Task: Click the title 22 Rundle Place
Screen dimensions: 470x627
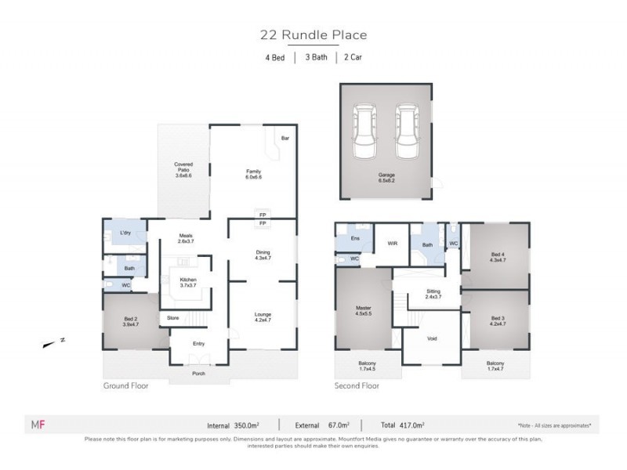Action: (x=313, y=34)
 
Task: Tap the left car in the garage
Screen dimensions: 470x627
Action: (x=366, y=131)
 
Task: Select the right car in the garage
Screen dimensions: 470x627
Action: (x=406, y=131)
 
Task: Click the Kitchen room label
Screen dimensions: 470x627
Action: (x=188, y=283)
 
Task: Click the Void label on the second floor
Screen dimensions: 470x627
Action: (x=431, y=339)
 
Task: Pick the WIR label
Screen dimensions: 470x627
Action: (x=393, y=244)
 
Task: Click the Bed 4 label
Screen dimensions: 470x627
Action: (x=496, y=256)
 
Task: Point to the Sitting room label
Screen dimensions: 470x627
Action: (x=433, y=293)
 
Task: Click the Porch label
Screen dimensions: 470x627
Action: (x=200, y=373)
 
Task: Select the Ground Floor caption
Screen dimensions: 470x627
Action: (x=125, y=386)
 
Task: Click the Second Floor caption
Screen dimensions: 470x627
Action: (x=357, y=386)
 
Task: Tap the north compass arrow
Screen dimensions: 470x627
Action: (x=52, y=342)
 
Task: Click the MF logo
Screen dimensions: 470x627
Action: (x=36, y=425)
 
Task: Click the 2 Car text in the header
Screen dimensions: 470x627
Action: (x=353, y=57)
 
